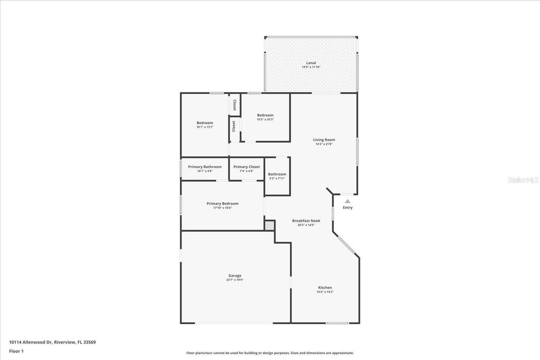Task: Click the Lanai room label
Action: point(311,62)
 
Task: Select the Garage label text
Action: point(235,275)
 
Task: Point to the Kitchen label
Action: point(325,287)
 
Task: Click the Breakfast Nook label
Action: point(306,220)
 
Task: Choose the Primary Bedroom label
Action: point(222,203)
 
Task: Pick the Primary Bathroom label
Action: point(205,167)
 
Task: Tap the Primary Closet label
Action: point(246,167)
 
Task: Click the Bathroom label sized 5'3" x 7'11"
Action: point(277,174)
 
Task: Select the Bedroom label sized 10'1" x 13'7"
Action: point(205,123)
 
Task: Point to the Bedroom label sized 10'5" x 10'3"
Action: point(265,115)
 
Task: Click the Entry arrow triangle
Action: point(348,201)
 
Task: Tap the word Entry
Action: point(348,208)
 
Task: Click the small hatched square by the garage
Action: point(269,226)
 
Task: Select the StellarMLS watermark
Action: point(523,180)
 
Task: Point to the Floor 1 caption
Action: point(16,351)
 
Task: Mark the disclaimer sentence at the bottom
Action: point(269,353)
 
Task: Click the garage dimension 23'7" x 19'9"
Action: point(235,280)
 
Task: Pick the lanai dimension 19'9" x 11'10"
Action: point(311,67)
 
